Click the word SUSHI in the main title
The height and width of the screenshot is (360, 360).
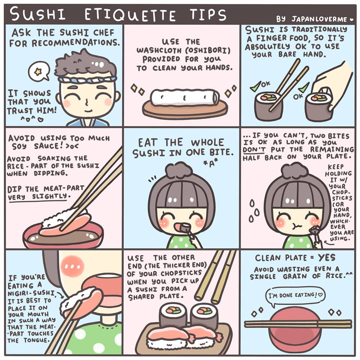[38, 14]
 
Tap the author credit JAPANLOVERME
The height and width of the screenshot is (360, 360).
[319, 19]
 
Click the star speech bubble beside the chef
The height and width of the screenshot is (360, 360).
[39, 71]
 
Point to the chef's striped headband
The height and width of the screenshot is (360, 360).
[87, 79]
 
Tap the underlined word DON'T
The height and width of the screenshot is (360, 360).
[254, 150]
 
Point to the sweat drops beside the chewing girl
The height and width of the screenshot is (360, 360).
[254, 211]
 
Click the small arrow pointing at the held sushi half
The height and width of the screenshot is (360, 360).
[329, 243]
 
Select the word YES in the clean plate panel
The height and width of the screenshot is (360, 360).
[327, 258]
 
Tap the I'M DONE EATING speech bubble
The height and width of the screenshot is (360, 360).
[295, 296]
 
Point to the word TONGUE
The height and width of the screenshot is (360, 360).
[36, 340]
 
